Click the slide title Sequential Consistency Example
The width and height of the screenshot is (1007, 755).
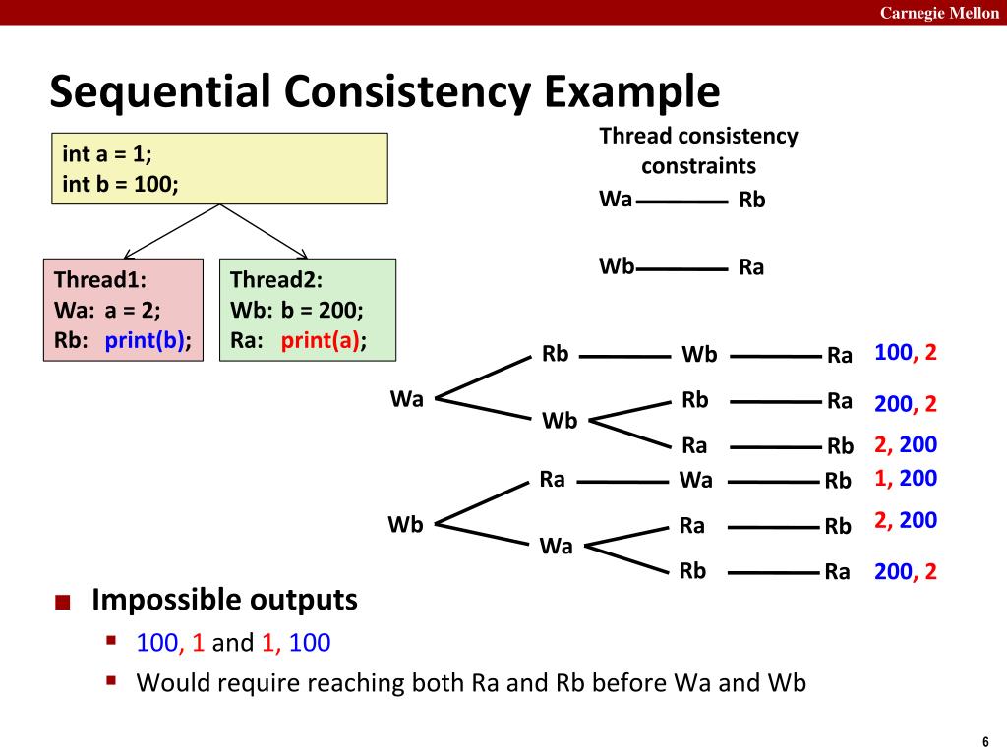(385, 93)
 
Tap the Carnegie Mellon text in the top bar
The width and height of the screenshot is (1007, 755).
(938, 12)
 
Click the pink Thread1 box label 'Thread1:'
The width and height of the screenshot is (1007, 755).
(100, 279)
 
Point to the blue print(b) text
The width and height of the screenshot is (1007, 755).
(148, 341)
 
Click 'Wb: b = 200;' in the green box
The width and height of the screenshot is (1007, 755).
(297, 311)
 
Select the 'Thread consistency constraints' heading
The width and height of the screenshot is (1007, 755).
(698, 149)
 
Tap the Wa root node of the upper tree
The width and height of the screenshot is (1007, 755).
(406, 399)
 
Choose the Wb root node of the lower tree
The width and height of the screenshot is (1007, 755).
(405, 525)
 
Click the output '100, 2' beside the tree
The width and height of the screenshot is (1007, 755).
(906, 353)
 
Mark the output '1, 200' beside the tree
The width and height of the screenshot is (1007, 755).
(906, 479)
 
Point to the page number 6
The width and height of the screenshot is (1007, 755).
(983, 741)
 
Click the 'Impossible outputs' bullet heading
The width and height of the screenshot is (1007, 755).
(224, 599)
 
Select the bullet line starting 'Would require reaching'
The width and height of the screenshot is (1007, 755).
(471, 682)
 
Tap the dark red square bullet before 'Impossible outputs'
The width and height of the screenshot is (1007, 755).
(63, 602)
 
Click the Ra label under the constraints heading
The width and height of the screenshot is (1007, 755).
(751, 267)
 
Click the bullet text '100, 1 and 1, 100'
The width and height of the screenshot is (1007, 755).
(233, 643)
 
